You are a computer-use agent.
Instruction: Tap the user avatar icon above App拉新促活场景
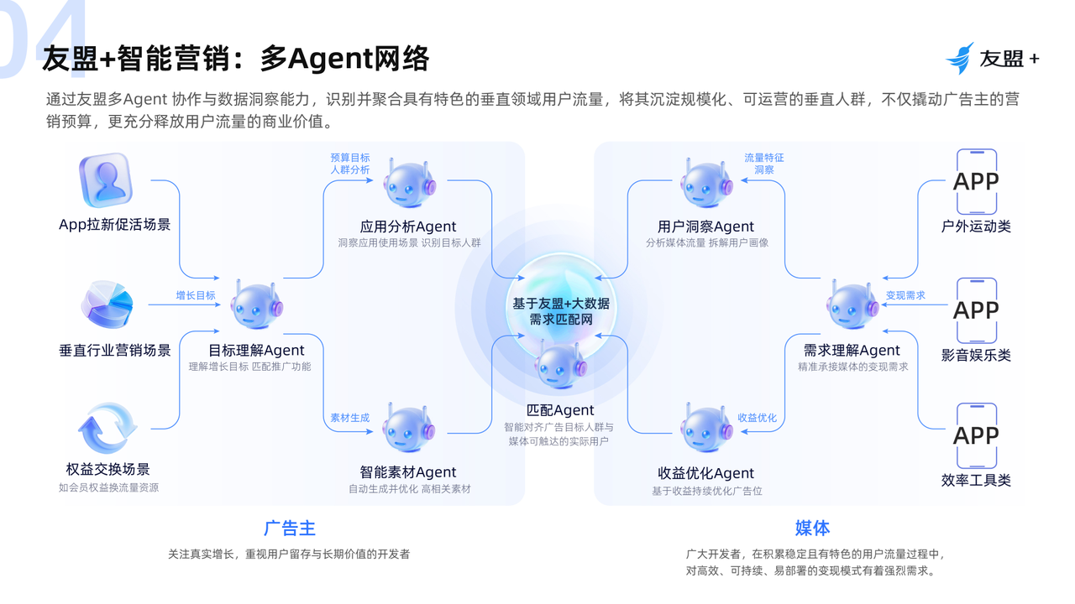pos(106,180)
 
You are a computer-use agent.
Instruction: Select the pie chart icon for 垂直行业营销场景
pos(107,305)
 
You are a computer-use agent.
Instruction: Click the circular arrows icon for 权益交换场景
pos(107,428)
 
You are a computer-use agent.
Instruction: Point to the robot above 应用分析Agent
pos(409,184)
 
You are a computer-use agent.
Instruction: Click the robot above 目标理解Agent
pos(257,306)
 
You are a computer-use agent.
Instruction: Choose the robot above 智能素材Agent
pos(409,428)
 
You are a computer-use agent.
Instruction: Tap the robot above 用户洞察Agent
pos(706,184)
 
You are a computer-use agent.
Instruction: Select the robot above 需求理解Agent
pos(852,305)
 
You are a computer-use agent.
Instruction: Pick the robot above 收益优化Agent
pos(706,428)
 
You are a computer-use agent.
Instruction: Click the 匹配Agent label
pos(560,410)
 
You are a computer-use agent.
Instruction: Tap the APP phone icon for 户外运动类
pos(977,182)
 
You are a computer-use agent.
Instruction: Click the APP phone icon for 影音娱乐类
pos(977,310)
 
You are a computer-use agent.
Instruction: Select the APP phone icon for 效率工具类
pos(977,435)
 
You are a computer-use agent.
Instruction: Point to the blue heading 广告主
pos(290,528)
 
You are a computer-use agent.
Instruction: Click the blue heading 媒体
pos(812,528)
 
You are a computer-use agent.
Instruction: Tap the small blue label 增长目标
pos(196,295)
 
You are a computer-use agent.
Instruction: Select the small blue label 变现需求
pos(905,295)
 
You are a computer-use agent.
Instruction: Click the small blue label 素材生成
pos(350,418)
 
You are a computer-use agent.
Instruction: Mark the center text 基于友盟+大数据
pos(561,304)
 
